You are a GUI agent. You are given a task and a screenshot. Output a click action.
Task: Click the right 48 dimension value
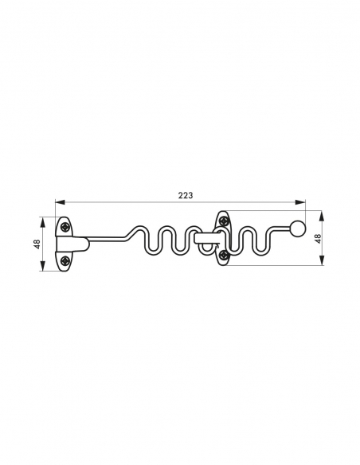[x=317, y=238]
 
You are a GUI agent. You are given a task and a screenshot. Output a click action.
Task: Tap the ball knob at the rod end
[x=298, y=229]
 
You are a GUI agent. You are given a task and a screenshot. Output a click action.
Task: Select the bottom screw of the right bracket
[x=224, y=254]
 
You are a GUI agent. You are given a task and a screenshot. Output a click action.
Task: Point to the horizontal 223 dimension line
[x=119, y=202]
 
